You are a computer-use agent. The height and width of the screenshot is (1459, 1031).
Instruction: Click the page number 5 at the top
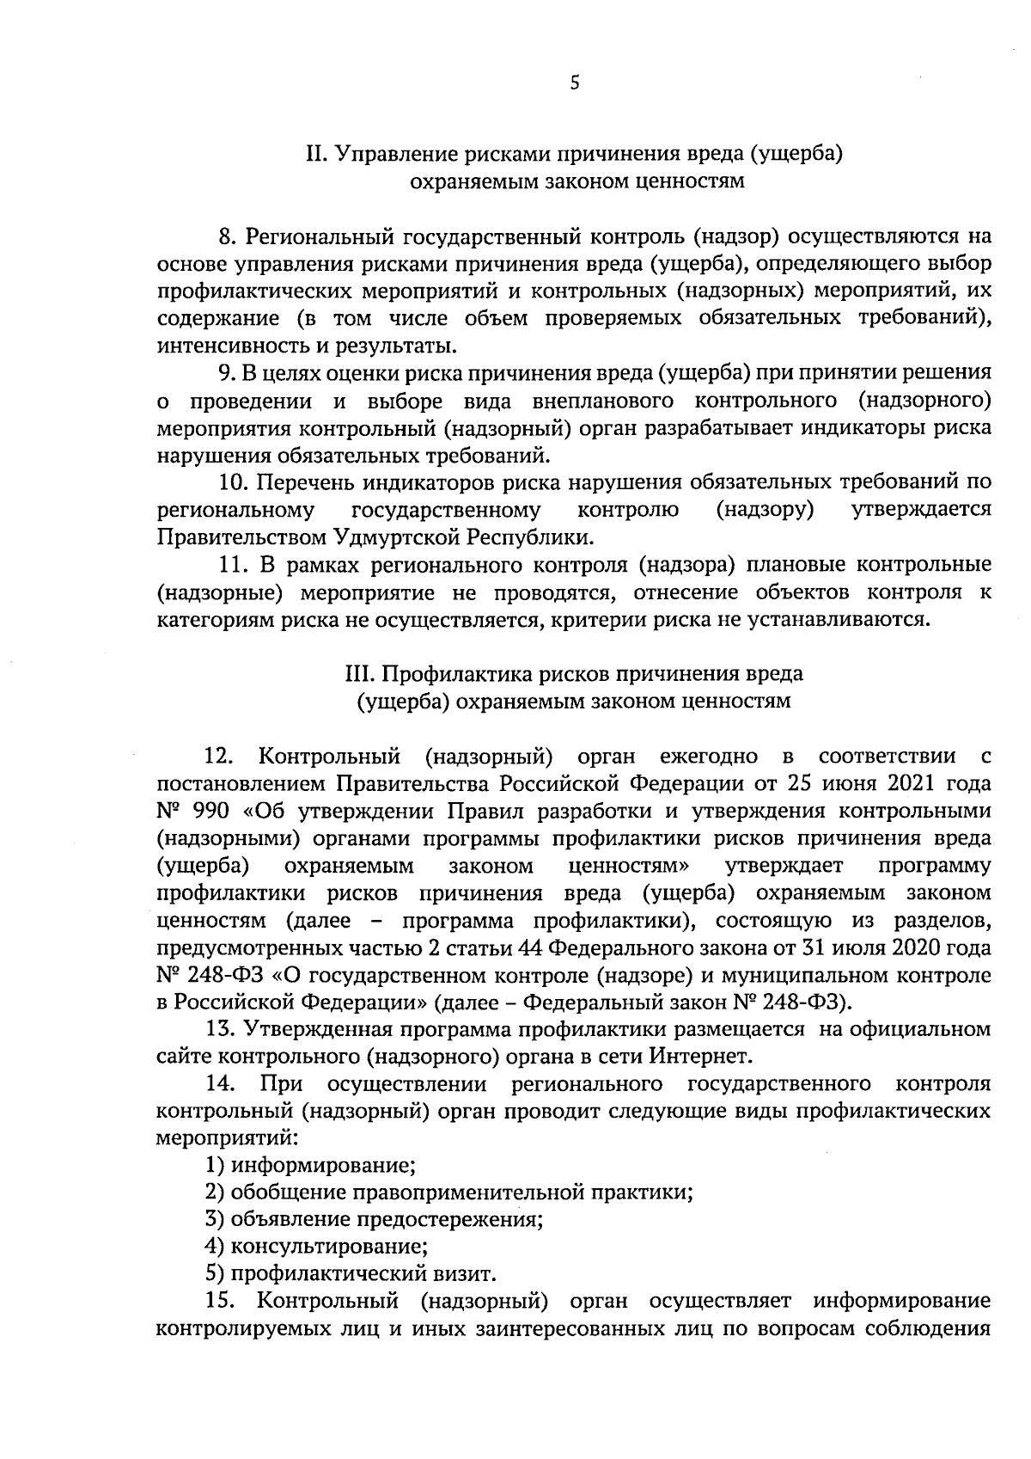[x=575, y=83]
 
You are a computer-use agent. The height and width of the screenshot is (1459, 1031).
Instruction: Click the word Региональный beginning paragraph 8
[x=312, y=236]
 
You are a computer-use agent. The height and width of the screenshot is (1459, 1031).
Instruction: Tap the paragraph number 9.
[x=225, y=372]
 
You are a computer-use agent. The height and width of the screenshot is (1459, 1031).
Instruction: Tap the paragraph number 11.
[x=229, y=565]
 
